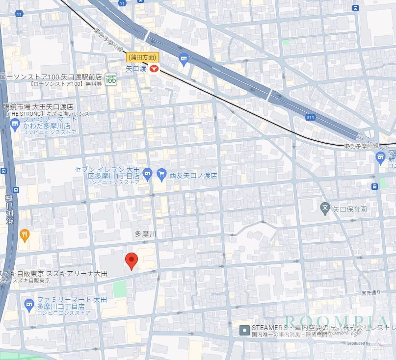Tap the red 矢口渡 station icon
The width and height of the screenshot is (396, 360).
click(154, 69)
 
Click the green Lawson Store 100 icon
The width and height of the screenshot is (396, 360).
click(111, 79)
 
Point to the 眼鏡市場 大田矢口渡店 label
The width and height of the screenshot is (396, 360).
click(38, 106)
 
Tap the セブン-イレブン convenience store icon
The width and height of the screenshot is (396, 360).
click(147, 173)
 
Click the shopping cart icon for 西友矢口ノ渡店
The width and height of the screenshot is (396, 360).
click(161, 173)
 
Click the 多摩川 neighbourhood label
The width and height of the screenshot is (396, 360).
click(145, 234)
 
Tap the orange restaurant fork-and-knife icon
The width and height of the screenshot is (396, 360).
click(24, 235)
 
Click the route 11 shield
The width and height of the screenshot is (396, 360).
click(19, 14)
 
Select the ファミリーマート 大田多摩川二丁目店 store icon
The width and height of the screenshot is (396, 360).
click(29, 303)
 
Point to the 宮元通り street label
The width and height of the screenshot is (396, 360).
click(370, 293)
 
